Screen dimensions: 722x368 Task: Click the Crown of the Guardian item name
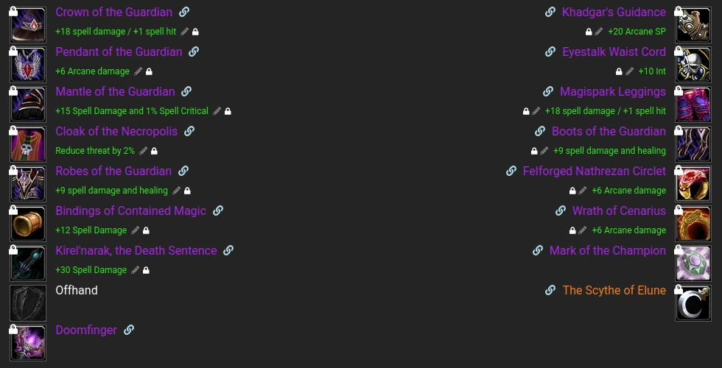point(113,13)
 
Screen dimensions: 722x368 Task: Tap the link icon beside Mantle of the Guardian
point(186,92)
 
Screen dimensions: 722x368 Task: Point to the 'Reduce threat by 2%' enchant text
point(95,151)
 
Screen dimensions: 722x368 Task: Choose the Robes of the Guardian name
point(113,171)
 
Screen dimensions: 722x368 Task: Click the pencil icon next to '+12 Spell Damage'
point(136,230)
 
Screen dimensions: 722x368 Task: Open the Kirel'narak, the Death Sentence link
point(228,251)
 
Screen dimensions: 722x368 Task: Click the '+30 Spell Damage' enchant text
point(91,270)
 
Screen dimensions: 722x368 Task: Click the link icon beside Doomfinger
point(129,330)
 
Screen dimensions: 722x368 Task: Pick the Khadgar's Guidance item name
point(614,13)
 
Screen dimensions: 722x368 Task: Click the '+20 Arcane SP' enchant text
point(637,32)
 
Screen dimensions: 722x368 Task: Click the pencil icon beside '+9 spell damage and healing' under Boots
point(544,151)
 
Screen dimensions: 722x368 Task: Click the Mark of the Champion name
point(607,251)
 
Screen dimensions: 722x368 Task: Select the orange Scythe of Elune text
point(614,291)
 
